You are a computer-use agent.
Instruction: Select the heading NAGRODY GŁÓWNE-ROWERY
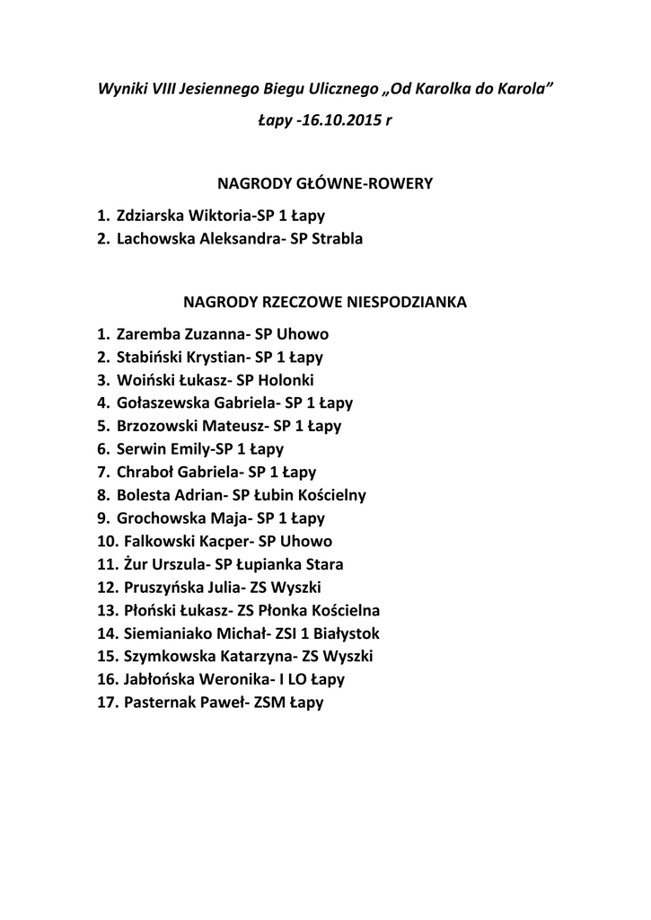click(x=326, y=184)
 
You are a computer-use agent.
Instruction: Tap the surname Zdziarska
click(x=150, y=216)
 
